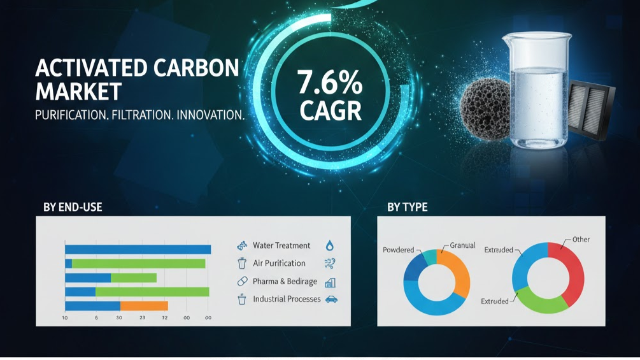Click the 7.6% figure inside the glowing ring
click(329, 84)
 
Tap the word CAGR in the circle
click(330, 111)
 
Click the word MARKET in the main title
click(78, 91)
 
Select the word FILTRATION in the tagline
click(141, 115)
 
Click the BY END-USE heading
click(73, 207)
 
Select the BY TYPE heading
click(407, 207)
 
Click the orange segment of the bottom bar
click(143, 306)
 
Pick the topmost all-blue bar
click(138, 249)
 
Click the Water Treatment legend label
click(281, 245)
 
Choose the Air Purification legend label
click(279, 263)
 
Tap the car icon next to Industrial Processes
click(331, 299)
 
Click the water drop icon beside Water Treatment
click(329, 245)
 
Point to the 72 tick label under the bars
click(164, 317)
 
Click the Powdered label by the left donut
click(399, 250)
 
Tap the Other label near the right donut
click(581, 240)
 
